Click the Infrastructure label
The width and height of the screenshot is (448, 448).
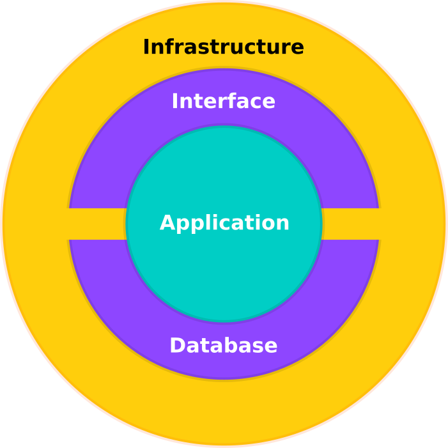(223, 47)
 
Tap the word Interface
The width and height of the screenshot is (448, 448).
(223, 102)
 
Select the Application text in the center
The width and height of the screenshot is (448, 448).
(224, 223)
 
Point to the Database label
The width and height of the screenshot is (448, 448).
(223, 346)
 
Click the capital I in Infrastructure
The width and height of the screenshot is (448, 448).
(146, 47)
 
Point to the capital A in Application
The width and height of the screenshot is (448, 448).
(167, 223)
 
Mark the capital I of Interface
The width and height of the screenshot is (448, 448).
(175, 102)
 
